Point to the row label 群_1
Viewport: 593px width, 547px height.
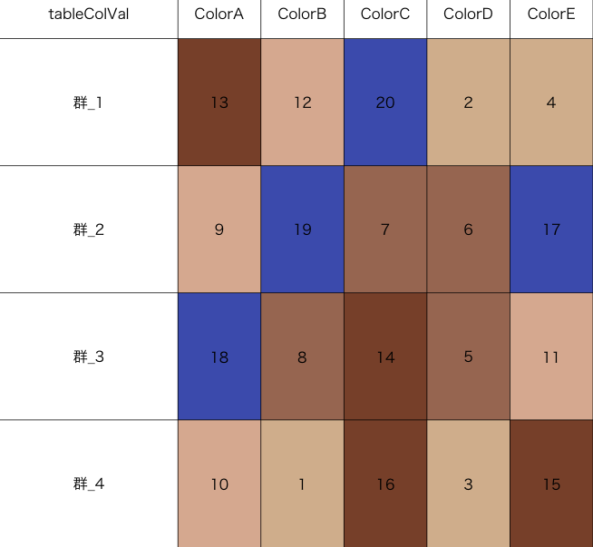(89, 103)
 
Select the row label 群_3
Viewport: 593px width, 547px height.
(89, 357)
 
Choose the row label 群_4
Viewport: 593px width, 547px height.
(89, 484)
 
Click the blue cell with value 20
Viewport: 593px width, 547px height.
(385, 103)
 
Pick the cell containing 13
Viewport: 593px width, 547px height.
(219, 103)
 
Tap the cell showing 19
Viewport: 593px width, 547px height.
(302, 230)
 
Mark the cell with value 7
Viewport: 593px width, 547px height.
(385, 230)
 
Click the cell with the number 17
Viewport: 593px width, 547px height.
(551, 230)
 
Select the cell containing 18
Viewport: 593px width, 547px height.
(219, 357)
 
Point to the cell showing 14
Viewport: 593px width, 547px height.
(385, 357)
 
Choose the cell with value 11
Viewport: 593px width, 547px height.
(551, 357)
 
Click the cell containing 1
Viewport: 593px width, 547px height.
(302, 484)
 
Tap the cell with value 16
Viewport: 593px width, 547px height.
(385, 484)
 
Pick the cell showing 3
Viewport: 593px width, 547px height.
(468, 484)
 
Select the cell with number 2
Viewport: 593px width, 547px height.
(468, 103)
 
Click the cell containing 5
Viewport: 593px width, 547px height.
(468, 357)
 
